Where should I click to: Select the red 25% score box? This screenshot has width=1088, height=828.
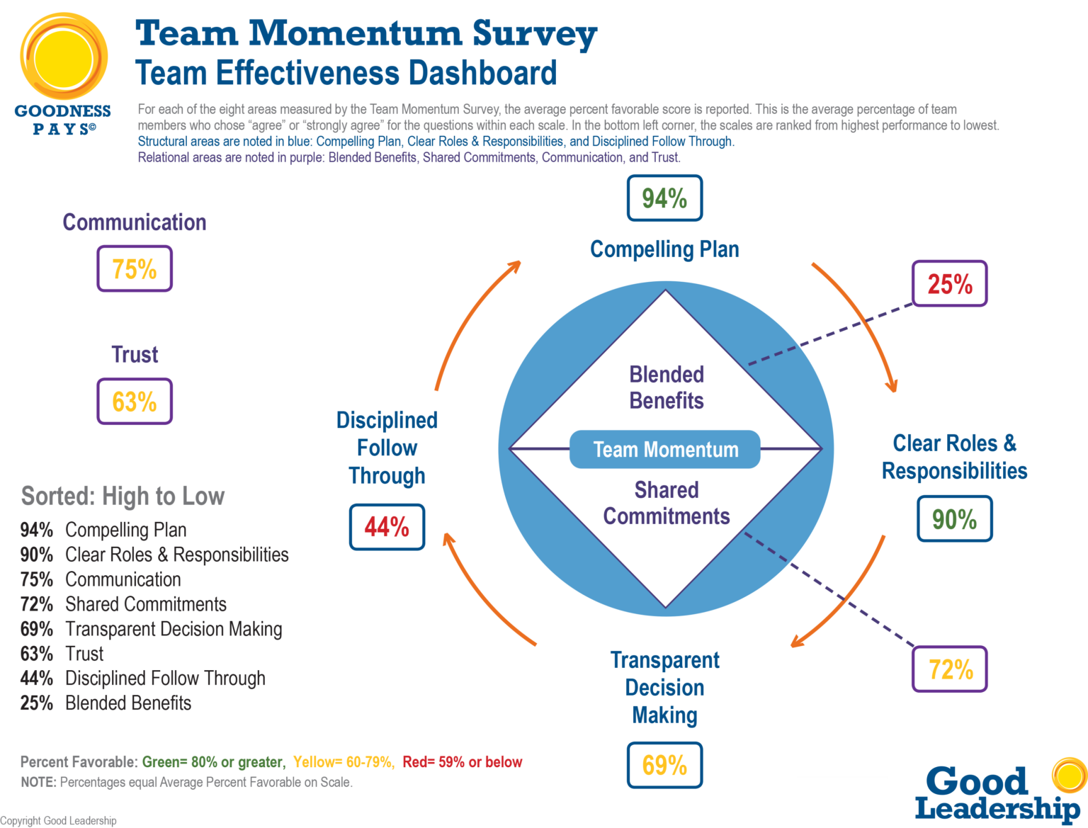949,284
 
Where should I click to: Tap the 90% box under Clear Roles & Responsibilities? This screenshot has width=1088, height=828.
954,519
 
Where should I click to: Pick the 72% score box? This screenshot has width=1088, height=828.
949,669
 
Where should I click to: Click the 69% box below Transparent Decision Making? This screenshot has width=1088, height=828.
664,765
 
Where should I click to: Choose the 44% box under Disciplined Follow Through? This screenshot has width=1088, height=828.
387,526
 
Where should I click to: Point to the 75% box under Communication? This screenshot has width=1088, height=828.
135,268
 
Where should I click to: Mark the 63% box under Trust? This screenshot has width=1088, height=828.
135,402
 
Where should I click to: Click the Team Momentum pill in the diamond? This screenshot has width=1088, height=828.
665,450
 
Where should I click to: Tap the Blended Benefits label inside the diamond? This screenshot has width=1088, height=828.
666,387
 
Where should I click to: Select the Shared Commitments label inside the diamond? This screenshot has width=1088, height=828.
666,503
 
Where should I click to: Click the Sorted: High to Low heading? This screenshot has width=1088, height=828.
123,496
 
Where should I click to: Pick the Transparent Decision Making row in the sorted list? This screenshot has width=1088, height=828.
152,629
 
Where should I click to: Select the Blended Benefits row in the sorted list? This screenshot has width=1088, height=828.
106,703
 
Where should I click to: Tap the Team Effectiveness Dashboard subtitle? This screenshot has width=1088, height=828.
346,74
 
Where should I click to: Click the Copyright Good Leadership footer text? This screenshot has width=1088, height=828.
58,821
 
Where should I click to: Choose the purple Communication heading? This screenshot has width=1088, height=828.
135,222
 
